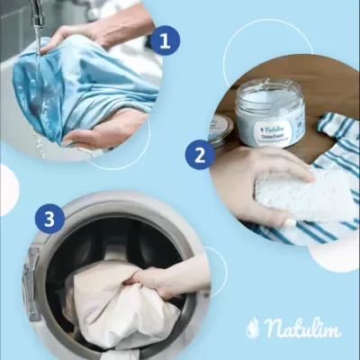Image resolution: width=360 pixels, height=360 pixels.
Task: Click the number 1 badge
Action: (164, 40)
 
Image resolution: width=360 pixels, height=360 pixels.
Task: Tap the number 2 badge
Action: (199, 154)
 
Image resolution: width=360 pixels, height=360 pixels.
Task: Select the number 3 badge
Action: (49, 219)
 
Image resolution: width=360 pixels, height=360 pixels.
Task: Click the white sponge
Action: (305, 193)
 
